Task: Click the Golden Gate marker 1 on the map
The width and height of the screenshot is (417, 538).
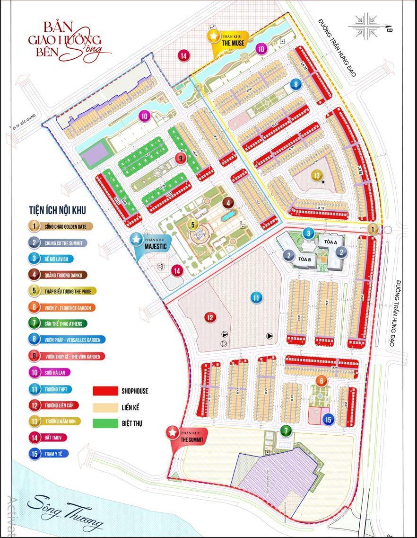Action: coord(374,230)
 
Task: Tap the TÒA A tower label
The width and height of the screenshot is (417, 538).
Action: coord(330,242)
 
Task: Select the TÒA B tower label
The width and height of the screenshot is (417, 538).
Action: coord(304,260)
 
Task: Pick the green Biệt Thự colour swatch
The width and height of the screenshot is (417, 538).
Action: coord(105,423)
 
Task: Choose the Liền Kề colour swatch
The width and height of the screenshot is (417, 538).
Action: coord(105,407)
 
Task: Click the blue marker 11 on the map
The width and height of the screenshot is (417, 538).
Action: coord(256,298)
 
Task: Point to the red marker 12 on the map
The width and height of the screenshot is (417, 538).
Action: coord(210,317)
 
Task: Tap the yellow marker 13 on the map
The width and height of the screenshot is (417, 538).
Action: coord(316,175)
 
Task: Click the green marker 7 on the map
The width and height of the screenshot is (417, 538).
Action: coord(286,431)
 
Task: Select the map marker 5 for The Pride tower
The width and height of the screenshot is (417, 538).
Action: coord(192,224)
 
